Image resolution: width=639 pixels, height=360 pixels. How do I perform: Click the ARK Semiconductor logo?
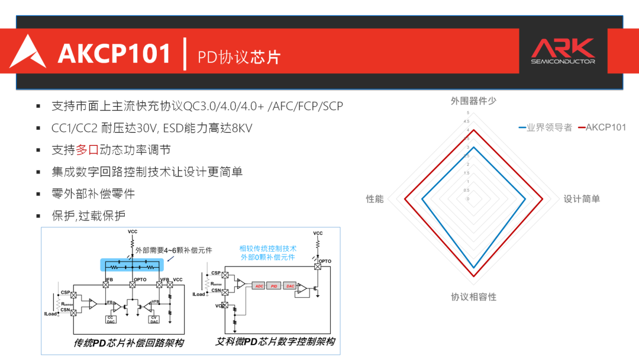tap(562, 51)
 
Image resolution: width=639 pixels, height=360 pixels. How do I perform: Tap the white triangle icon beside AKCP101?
tap(27, 52)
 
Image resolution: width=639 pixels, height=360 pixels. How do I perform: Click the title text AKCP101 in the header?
tap(114, 53)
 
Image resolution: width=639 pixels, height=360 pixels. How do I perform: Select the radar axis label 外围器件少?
tap(473, 101)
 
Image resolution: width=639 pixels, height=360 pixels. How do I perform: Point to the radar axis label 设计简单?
tap(582, 199)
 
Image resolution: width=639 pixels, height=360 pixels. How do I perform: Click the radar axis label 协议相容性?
tap(473, 297)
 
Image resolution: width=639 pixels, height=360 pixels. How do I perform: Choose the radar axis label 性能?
tap(375, 199)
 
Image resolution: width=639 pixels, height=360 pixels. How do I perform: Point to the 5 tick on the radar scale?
tap(467, 113)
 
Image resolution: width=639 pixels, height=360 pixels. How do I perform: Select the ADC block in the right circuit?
tap(259, 285)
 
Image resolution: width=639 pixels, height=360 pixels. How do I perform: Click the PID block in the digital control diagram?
tap(274, 285)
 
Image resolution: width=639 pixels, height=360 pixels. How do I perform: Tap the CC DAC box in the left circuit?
tap(110, 319)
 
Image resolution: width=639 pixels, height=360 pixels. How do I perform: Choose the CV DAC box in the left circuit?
tap(154, 319)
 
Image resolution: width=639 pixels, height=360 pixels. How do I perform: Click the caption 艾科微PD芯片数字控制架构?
tap(275, 342)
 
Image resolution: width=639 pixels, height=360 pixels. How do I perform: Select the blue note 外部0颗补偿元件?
tap(268, 258)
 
